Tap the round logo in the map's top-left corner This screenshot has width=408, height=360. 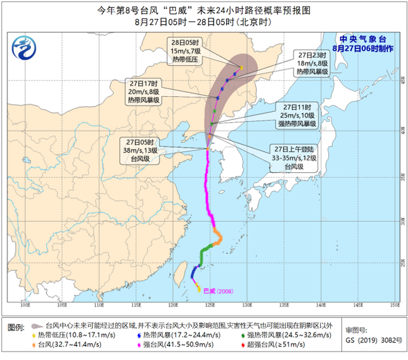(x=24, y=46)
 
